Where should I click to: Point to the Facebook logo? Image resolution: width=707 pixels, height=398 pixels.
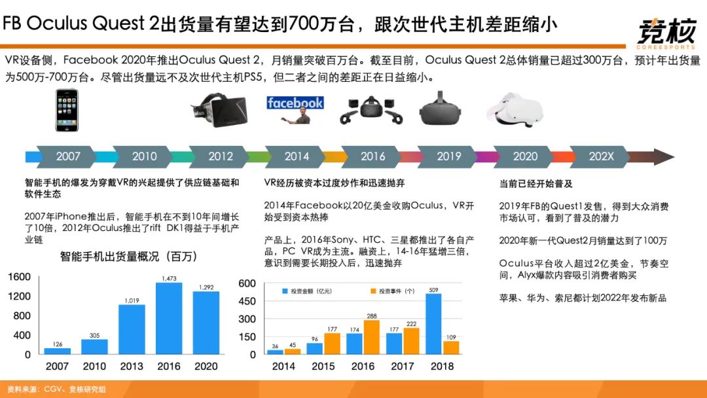click(x=295, y=103)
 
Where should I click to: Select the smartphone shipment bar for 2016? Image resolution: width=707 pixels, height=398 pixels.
click(x=169, y=318)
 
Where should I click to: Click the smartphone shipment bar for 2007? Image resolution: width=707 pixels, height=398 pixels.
click(x=57, y=351)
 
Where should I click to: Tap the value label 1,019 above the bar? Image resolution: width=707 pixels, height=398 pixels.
click(x=132, y=300)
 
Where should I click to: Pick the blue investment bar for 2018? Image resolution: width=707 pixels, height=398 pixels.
click(x=434, y=323)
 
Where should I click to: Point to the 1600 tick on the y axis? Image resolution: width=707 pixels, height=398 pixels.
click(x=19, y=277)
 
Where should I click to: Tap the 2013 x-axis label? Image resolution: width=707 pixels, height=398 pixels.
click(x=132, y=367)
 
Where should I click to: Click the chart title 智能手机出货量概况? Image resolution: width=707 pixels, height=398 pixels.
click(x=128, y=256)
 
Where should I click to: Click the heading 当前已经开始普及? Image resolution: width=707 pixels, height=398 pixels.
click(x=535, y=184)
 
